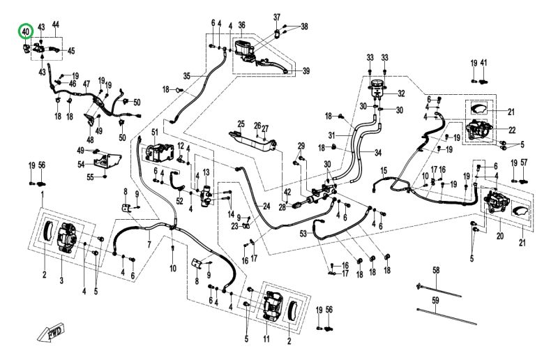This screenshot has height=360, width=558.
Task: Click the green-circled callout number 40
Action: [x=26, y=31]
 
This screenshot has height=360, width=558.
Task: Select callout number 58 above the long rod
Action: [x=436, y=270]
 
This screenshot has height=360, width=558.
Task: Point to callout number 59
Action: [x=436, y=300]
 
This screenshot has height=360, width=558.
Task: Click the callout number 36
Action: [x=242, y=26]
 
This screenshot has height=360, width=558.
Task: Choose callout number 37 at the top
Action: [x=276, y=17]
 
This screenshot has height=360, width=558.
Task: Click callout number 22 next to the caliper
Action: [x=512, y=130]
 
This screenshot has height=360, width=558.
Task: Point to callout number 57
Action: [x=525, y=164]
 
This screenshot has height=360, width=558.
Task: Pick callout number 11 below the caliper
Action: [x=266, y=339]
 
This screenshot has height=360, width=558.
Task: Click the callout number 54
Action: [x=82, y=164]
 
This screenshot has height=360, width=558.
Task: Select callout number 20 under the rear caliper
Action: [x=499, y=237]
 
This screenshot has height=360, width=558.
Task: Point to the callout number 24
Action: [x=266, y=207]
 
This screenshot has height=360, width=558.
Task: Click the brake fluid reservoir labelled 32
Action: [x=378, y=89]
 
